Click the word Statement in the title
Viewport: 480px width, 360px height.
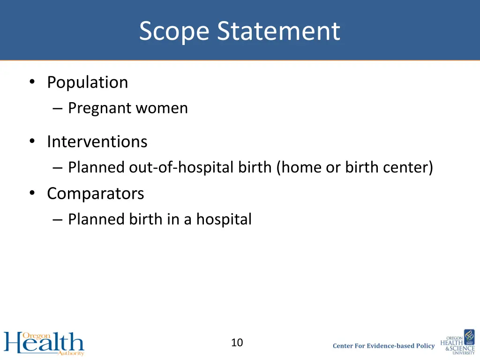click(278, 31)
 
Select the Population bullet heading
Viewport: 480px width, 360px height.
click(87, 82)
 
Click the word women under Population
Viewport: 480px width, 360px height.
click(162, 108)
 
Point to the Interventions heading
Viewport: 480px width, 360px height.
click(97, 142)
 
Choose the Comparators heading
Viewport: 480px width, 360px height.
click(95, 194)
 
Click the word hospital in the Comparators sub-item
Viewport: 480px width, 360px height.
click(224, 219)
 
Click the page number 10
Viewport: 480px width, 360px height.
click(237, 343)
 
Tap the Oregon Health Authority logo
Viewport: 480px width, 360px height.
click(44, 344)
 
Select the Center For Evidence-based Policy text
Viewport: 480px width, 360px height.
click(383, 346)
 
